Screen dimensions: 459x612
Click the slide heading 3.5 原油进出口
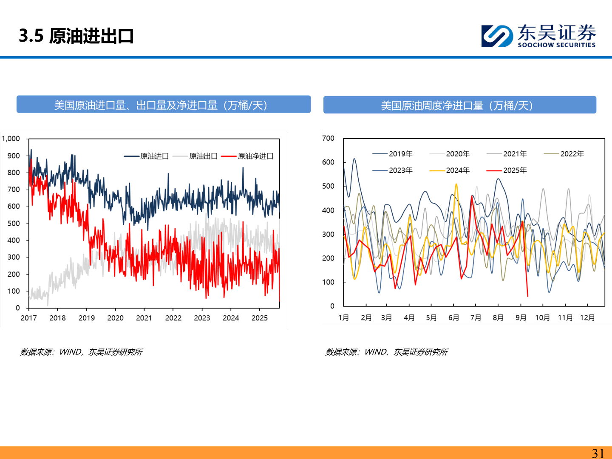[76, 36]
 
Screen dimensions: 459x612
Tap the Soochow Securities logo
[538, 36]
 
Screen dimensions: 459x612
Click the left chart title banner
[164, 105]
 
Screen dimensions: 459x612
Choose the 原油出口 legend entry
[195, 156]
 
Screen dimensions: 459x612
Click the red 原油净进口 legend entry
[247, 156]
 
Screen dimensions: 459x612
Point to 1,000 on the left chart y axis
[11, 139]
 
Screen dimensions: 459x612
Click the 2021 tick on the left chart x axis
[144, 318]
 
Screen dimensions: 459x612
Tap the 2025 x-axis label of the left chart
[260, 318]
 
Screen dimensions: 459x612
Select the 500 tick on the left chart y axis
[14, 224]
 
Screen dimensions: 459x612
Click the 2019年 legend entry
[393, 154]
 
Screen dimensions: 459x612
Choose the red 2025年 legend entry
[507, 170]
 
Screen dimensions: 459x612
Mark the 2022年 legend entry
[564, 154]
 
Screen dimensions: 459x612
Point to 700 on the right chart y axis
[328, 139]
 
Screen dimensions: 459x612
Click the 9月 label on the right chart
[521, 318]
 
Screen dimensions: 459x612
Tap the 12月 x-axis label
[587, 318]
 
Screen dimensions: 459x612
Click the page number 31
[598, 453]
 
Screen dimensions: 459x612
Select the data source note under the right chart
[387, 352]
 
